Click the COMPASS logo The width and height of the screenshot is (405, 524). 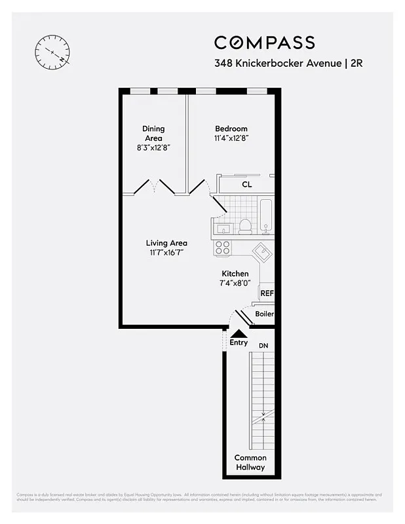pyautogui.click(x=264, y=43)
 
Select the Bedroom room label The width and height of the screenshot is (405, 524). pyautogui.click(x=231, y=128)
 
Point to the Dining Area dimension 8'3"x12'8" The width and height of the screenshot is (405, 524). pyautogui.click(x=153, y=148)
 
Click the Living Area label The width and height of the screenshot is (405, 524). pyautogui.click(x=166, y=243)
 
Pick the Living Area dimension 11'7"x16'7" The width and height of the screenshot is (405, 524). pyautogui.click(x=166, y=253)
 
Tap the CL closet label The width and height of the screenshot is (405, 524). pyautogui.click(x=246, y=185)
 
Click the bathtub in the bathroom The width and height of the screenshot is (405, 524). pyautogui.click(x=265, y=215)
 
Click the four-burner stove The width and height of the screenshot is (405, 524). pyautogui.click(x=223, y=248)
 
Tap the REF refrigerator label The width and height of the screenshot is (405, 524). pyautogui.click(x=267, y=293)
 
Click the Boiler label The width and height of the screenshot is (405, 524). pyautogui.click(x=264, y=314)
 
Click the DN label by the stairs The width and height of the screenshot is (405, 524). pyautogui.click(x=263, y=345)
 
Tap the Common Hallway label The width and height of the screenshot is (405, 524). pyautogui.click(x=250, y=462)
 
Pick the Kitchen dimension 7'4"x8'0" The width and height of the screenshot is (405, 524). pyautogui.click(x=235, y=283)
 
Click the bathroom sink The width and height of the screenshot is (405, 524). pyautogui.click(x=223, y=229)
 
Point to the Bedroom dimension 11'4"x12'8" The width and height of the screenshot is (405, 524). pyautogui.click(x=231, y=138)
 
